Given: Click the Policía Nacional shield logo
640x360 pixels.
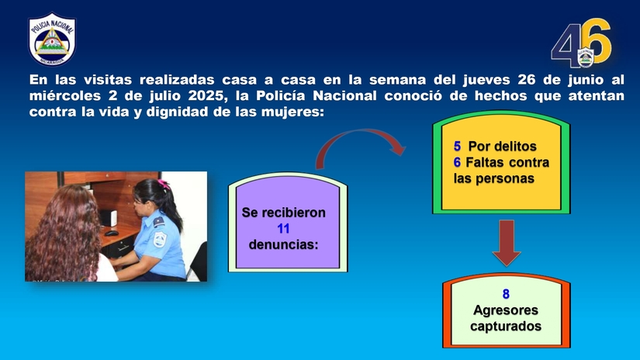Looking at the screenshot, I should click(52, 38).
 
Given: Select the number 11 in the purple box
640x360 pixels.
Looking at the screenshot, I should click(283, 228).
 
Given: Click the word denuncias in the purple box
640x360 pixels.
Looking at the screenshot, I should click(283, 244).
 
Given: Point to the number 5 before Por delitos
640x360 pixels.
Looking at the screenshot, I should click(458, 147).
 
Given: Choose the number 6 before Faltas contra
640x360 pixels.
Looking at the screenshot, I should click(458, 163).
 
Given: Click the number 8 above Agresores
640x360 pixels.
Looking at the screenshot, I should click(506, 294).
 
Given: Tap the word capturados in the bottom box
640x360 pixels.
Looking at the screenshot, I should click(506, 327).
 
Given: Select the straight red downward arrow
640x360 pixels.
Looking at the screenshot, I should click(507, 242).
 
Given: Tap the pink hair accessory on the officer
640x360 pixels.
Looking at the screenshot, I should click(164, 185).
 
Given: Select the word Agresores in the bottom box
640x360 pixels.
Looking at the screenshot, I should click(506, 310).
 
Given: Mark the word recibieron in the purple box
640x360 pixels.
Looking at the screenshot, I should click(293, 212).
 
